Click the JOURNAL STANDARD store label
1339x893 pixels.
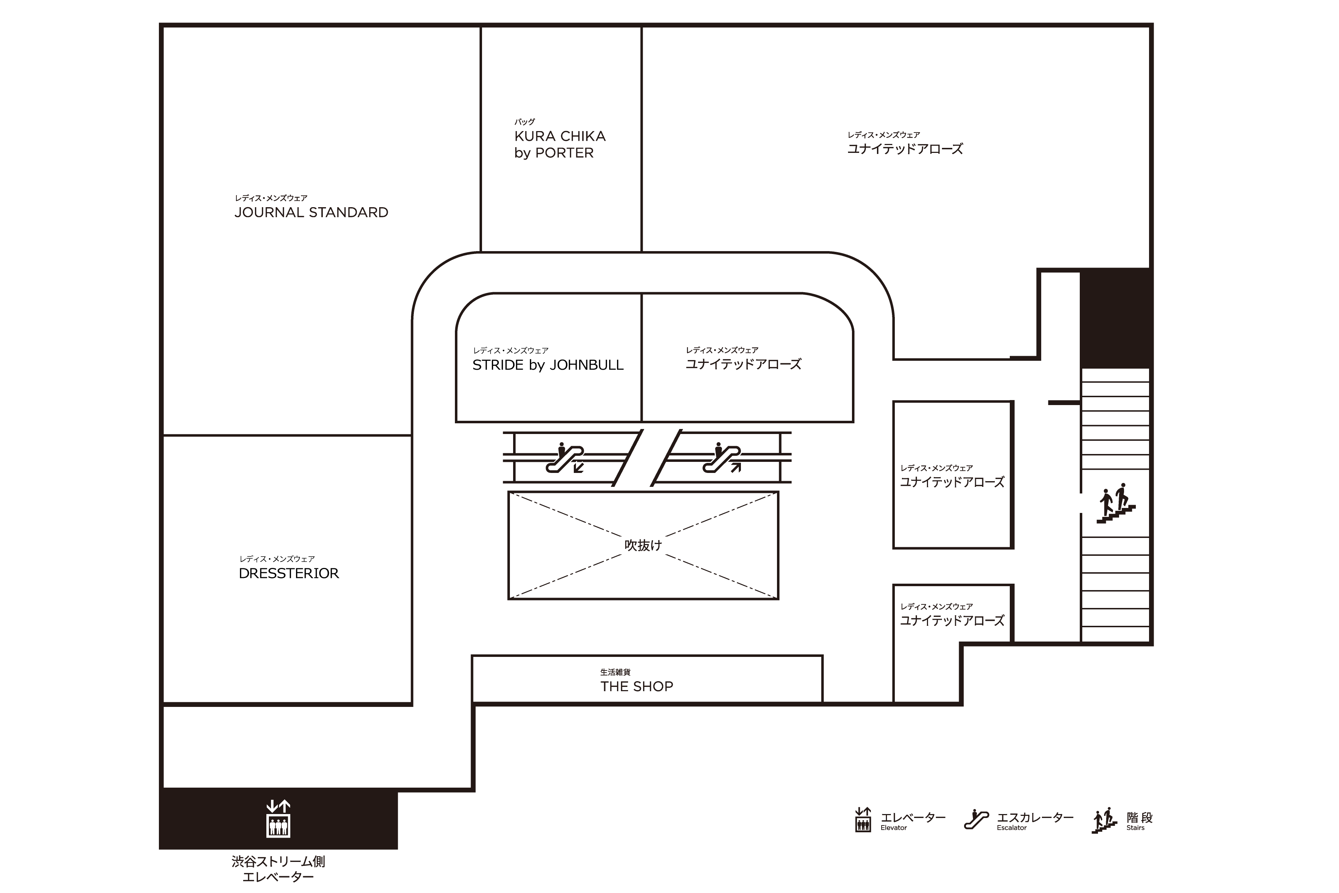pyautogui.click(x=311, y=213)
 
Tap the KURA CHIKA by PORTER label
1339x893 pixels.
pyautogui.click(x=560, y=144)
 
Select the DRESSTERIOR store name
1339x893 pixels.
pyautogui.click(x=289, y=574)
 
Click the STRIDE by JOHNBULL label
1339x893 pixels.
pyautogui.click(x=548, y=365)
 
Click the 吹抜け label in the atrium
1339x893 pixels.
pyautogui.click(x=643, y=545)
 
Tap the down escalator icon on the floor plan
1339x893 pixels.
pyautogui.click(x=565, y=458)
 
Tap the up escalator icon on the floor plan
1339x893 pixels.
pyautogui.click(x=721, y=458)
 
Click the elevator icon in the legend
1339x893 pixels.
pyautogui.click(x=863, y=819)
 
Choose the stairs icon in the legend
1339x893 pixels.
pyautogui.click(x=1104, y=820)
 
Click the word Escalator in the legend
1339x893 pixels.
pyautogui.click(x=1012, y=828)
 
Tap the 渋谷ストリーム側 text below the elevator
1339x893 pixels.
pyautogui.click(x=279, y=862)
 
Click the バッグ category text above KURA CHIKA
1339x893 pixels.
pyautogui.click(x=524, y=122)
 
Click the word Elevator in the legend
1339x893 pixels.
pyautogui.click(x=894, y=828)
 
